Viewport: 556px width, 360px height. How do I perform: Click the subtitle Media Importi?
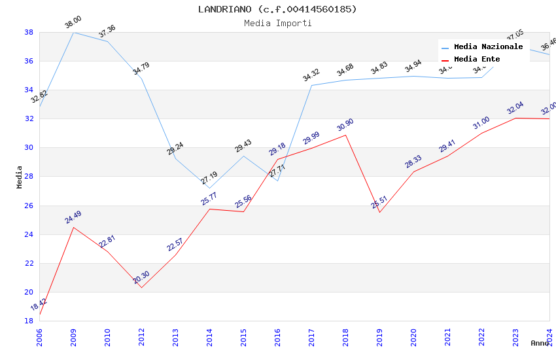click(x=277, y=23)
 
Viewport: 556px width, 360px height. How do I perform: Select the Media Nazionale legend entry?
click(x=488, y=47)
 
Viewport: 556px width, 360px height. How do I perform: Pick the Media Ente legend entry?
click(x=477, y=59)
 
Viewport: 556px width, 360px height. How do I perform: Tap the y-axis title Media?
click(x=20, y=177)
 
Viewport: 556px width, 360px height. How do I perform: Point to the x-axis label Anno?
click(x=540, y=343)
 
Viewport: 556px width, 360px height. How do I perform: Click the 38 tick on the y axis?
click(x=29, y=32)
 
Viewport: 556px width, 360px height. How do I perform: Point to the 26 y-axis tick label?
click(x=29, y=206)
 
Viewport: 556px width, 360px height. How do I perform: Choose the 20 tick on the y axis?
click(x=29, y=292)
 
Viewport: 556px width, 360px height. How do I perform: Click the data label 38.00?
click(x=73, y=24)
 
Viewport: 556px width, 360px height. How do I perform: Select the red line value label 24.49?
click(x=73, y=217)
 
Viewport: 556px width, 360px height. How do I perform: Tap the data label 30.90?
click(x=345, y=125)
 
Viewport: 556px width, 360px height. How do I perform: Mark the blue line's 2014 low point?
click(x=209, y=189)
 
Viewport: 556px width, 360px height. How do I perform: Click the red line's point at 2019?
click(x=379, y=212)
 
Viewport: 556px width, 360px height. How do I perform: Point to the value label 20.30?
click(x=141, y=278)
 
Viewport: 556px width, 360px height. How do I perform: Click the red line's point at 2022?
click(x=481, y=134)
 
